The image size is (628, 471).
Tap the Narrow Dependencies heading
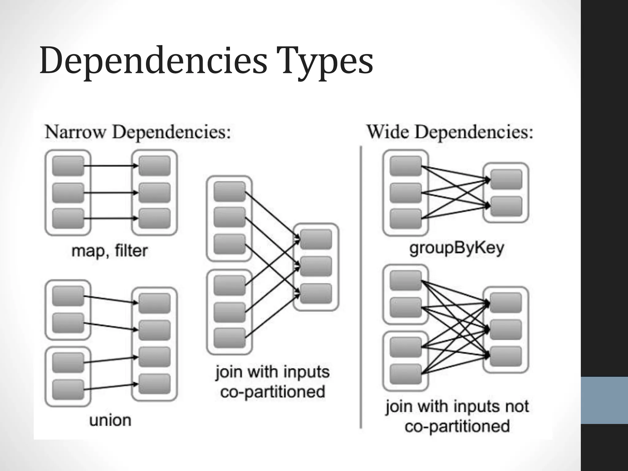(138, 132)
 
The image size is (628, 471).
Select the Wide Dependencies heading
(450, 132)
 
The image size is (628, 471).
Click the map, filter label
(109, 251)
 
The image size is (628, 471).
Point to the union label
(110, 420)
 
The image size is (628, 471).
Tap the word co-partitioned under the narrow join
(273, 392)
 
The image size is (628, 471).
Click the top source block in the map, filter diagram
(68, 166)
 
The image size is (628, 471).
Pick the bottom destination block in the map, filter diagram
(155, 218)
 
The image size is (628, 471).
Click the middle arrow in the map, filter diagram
(110, 193)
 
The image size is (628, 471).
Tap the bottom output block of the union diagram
(155, 384)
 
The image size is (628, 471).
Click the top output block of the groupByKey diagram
(506, 179)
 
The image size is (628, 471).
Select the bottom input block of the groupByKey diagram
(406, 219)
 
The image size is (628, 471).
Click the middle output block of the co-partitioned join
(316, 266)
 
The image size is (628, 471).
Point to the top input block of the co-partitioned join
(229, 192)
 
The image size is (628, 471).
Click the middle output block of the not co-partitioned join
(506, 330)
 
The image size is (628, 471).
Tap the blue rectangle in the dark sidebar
(604, 400)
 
